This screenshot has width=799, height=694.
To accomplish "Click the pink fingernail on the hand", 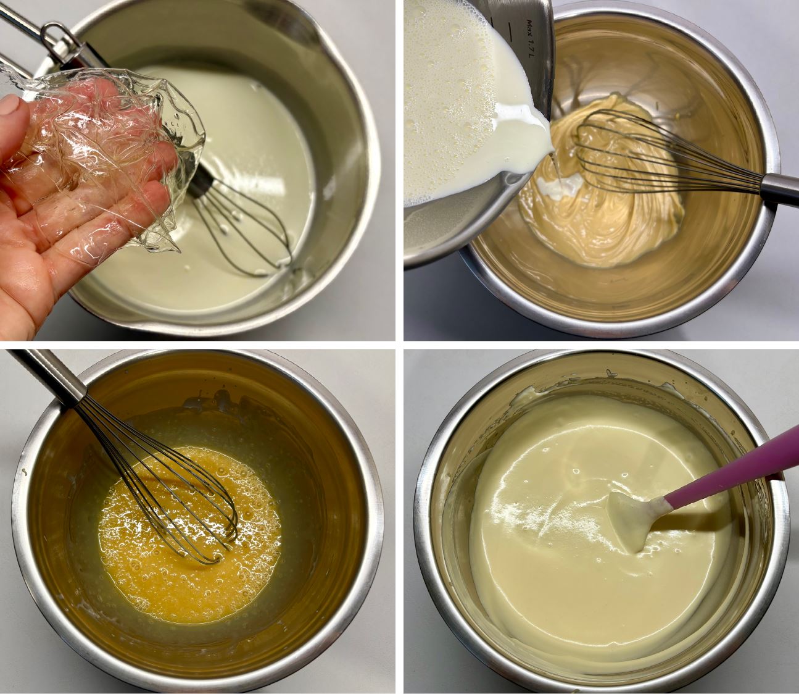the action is point(9,105).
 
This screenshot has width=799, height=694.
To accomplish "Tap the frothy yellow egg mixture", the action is point(188,535).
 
